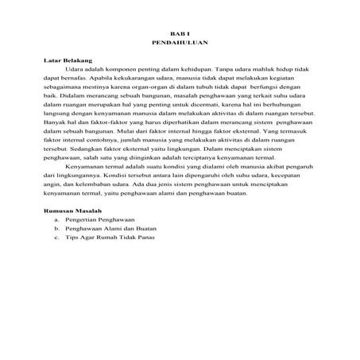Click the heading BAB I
(x=180, y=32)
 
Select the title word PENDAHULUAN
(x=180, y=41)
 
